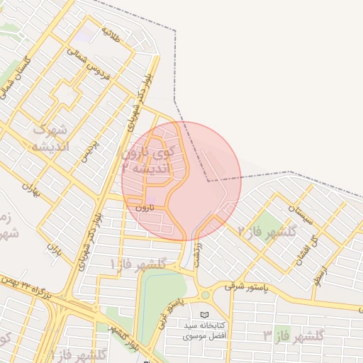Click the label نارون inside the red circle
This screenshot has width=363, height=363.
click(x=144, y=208)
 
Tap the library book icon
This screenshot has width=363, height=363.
click(x=205, y=314)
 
